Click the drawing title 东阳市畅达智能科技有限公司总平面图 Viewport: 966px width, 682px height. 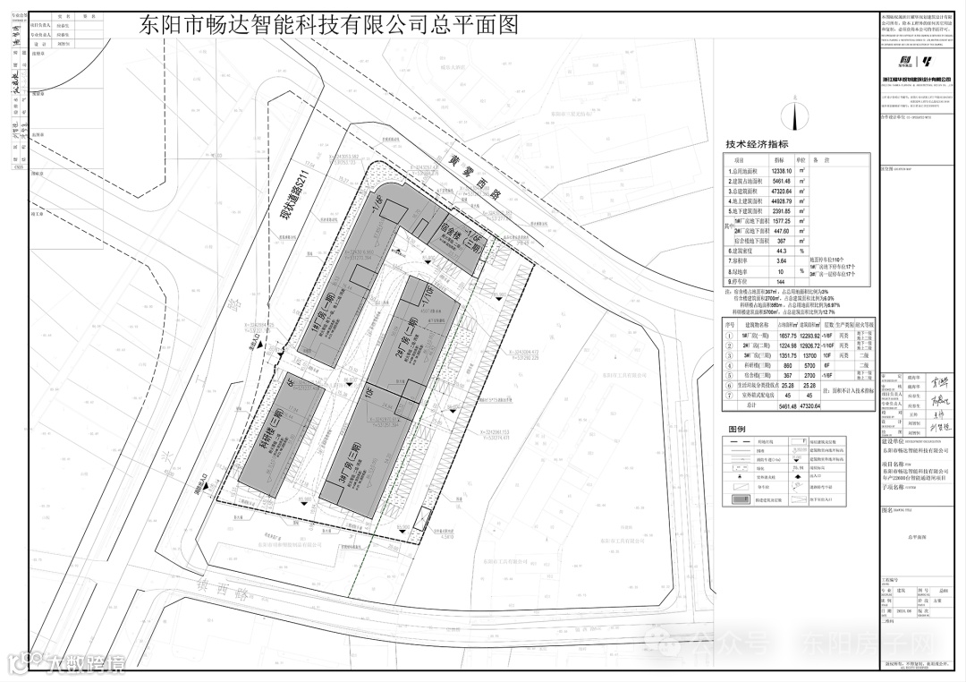[x=329, y=25]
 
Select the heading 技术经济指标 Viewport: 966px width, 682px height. [x=757, y=144]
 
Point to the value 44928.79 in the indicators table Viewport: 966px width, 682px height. [x=783, y=202]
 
